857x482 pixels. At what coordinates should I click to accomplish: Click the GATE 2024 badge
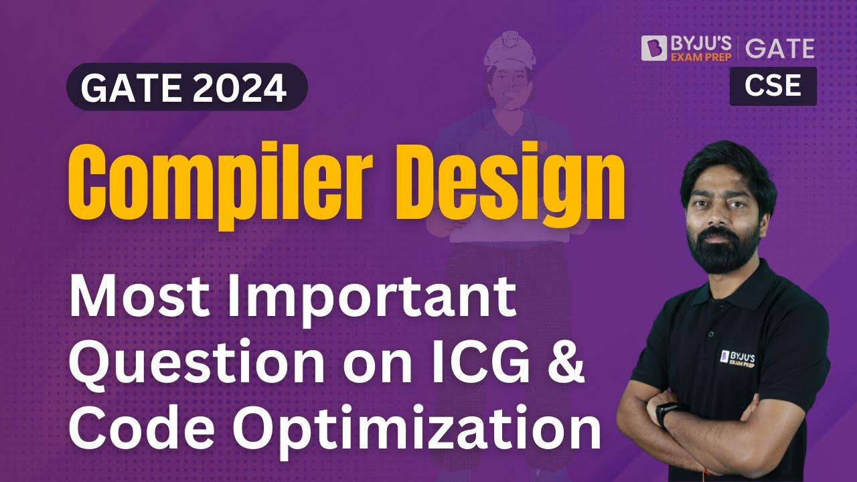point(187,87)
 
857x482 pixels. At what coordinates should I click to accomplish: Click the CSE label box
point(773,86)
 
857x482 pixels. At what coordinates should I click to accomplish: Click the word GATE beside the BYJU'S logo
point(779,48)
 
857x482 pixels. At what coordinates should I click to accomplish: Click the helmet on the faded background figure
point(511,51)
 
